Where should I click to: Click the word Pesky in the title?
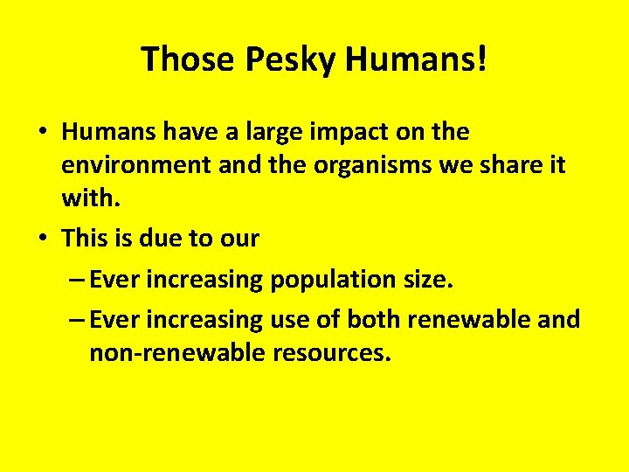(x=291, y=59)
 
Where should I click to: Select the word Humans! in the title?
(x=418, y=59)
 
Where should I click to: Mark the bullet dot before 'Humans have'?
(x=42, y=133)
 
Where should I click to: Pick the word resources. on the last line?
(x=332, y=353)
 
